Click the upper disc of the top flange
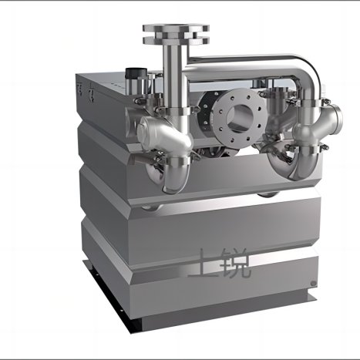[x=176, y=28]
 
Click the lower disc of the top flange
[x=176, y=40]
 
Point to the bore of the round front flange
[x=241, y=118]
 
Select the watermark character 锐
[x=235, y=263]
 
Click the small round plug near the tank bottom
[x=313, y=284]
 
